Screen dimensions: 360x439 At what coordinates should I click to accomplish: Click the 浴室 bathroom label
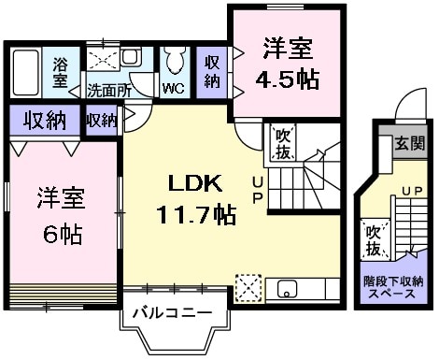tap(61, 72)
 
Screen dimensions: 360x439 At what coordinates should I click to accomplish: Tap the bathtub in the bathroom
tap(26, 71)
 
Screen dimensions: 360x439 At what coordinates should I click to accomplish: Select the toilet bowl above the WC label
tap(174, 64)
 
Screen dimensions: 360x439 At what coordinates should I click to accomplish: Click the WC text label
tap(173, 90)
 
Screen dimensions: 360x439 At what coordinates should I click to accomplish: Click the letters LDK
tap(191, 181)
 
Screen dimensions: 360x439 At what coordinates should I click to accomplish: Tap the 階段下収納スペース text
tap(392, 286)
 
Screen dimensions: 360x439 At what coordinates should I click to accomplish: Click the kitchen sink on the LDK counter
tap(286, 287)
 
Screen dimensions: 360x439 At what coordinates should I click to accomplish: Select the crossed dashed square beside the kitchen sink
tap(250, 286)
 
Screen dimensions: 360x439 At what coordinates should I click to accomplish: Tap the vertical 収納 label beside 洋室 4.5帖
tap(213, 71)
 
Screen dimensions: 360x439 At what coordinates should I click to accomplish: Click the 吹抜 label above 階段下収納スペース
tap(373, 239)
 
